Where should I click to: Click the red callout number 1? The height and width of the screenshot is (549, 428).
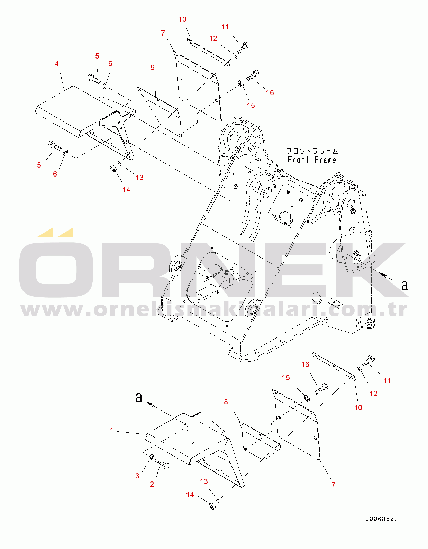click(x=112, y=430)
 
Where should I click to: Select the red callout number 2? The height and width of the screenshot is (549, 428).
click(x=152, y=484)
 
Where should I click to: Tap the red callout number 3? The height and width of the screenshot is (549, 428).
click(x=137, y=476)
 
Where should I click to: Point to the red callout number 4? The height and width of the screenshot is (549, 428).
click(x=57, y=64)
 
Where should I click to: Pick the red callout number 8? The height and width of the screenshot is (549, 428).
click(x=226, y=402)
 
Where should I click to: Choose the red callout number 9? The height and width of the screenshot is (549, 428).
click(x=153, y=67)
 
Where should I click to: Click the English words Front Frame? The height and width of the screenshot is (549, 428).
click(x=312, y=160)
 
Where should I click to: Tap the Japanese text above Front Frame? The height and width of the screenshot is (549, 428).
click(x=312, y=151)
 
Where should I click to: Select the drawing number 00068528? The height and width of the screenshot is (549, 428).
click(x=382, y=519)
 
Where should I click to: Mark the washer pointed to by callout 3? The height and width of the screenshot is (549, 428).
click(x=151, y=457)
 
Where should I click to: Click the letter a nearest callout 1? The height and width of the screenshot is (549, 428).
click(x=139, y=397)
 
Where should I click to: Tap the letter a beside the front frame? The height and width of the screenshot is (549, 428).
click(x=404, y=285)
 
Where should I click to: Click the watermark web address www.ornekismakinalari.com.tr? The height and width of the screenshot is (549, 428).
click(x=214, y=310)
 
